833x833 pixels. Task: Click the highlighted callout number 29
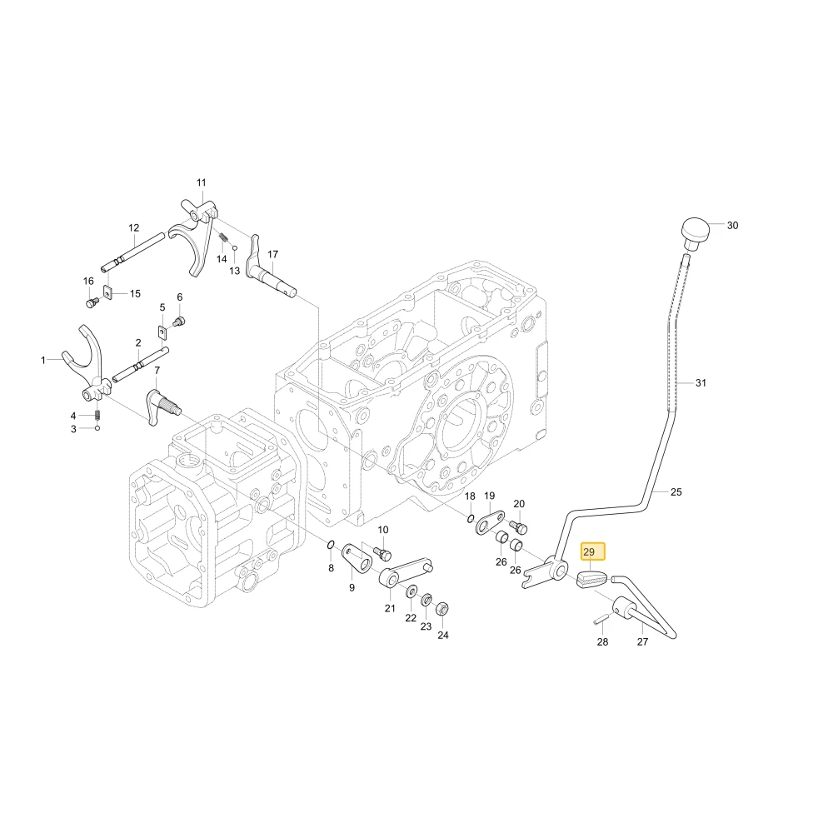(589, 552)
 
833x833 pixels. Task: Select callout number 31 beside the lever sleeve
(701, 383)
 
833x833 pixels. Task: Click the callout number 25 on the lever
(676, 492)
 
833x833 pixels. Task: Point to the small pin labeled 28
(601, 617)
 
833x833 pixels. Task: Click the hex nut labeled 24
(442, 609)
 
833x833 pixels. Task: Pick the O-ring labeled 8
(331, 544)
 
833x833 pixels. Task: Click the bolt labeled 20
(518, 527)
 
